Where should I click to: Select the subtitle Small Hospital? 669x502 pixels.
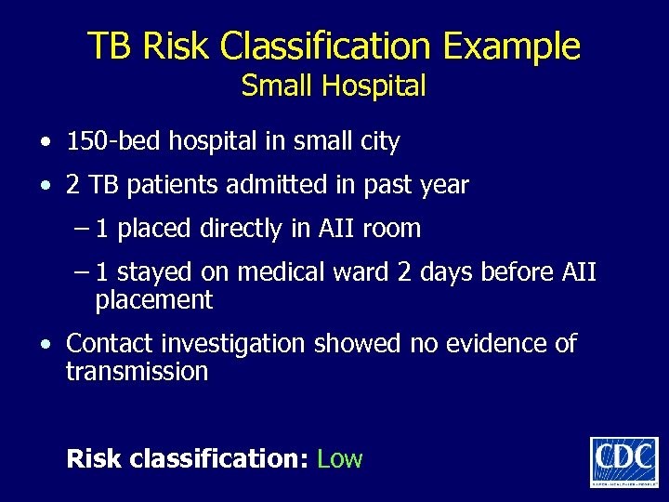(334, 86)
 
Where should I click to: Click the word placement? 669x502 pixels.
(154, 300)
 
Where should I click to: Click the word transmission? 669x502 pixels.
(137, 372)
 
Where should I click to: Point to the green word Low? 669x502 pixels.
(339, 458)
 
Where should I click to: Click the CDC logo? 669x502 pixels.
(623, 461)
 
